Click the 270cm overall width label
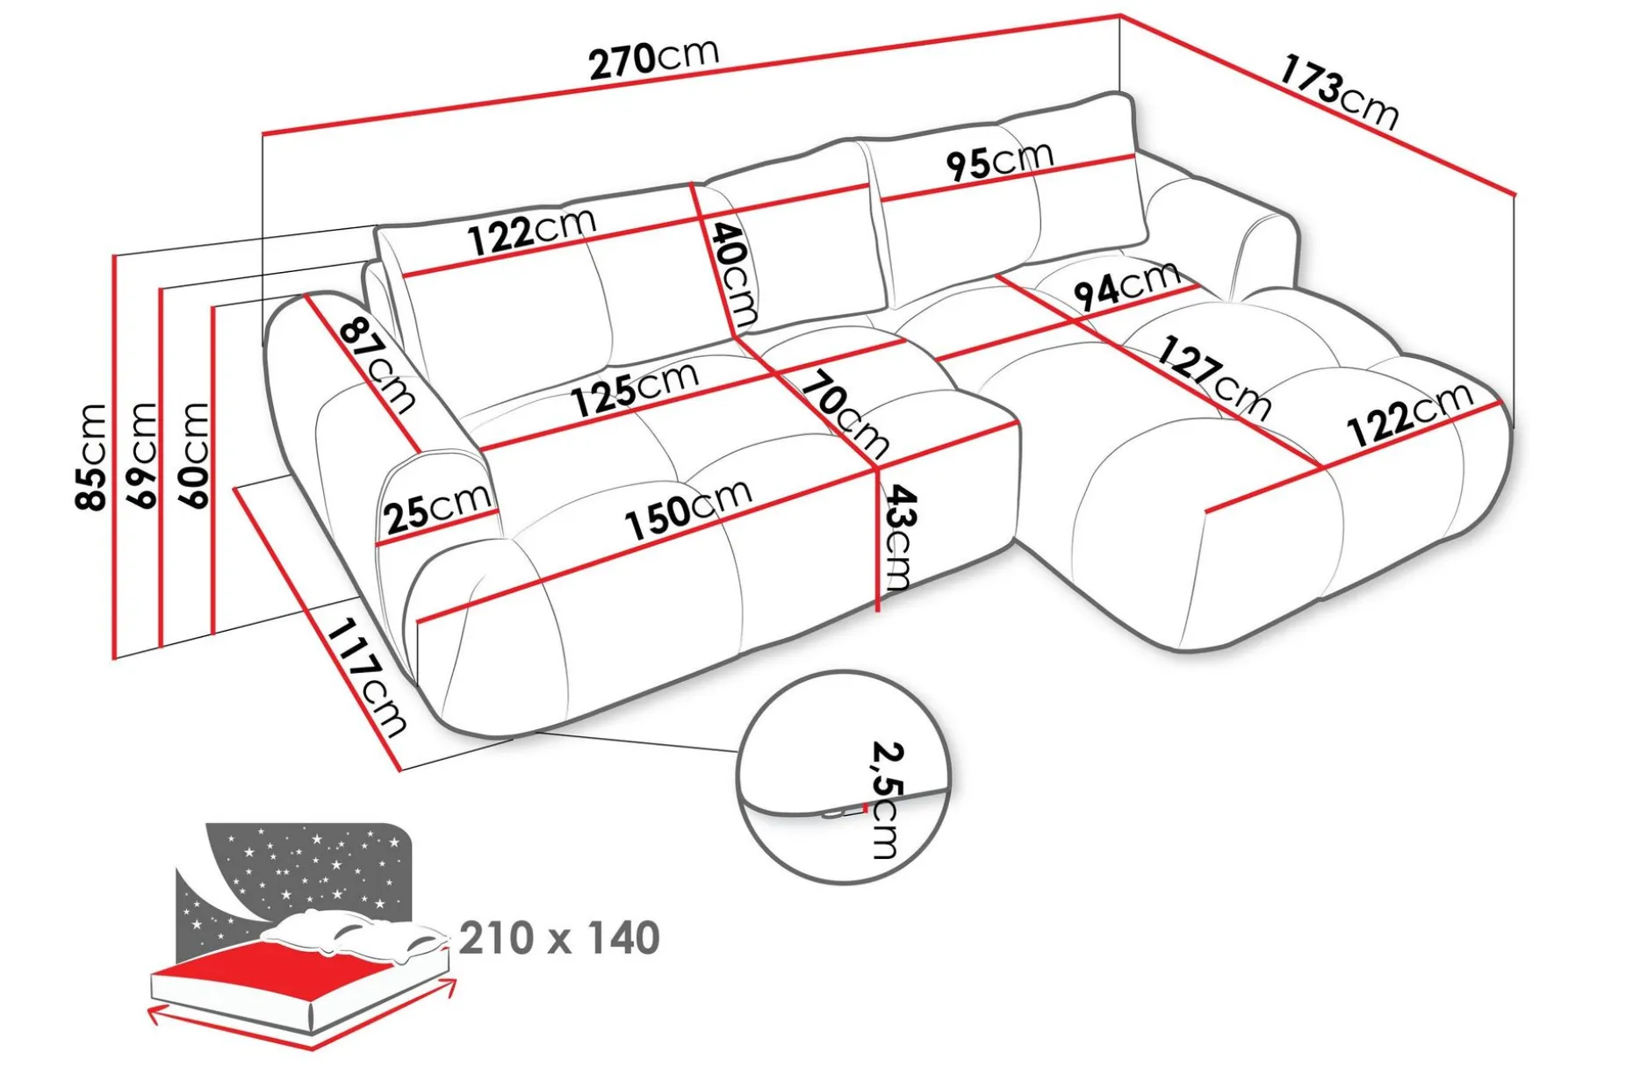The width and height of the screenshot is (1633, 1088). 654,60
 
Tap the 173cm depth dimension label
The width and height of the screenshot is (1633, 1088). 1338,92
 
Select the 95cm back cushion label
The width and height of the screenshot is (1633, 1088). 999,161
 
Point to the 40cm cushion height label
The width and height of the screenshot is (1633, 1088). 734,274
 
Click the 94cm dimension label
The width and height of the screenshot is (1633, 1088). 1126,286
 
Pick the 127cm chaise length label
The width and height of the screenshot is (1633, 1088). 1213,378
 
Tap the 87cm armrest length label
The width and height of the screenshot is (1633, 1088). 378,365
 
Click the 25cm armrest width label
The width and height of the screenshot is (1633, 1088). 437,509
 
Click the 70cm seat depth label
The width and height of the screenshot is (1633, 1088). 844,414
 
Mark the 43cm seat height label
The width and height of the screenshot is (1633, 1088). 898,537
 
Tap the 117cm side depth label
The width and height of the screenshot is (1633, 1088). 367,678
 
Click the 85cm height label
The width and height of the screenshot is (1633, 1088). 91,456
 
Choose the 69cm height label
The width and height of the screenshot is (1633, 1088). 142,455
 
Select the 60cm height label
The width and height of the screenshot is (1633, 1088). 194,455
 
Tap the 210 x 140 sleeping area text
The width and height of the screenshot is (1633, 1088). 559,938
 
